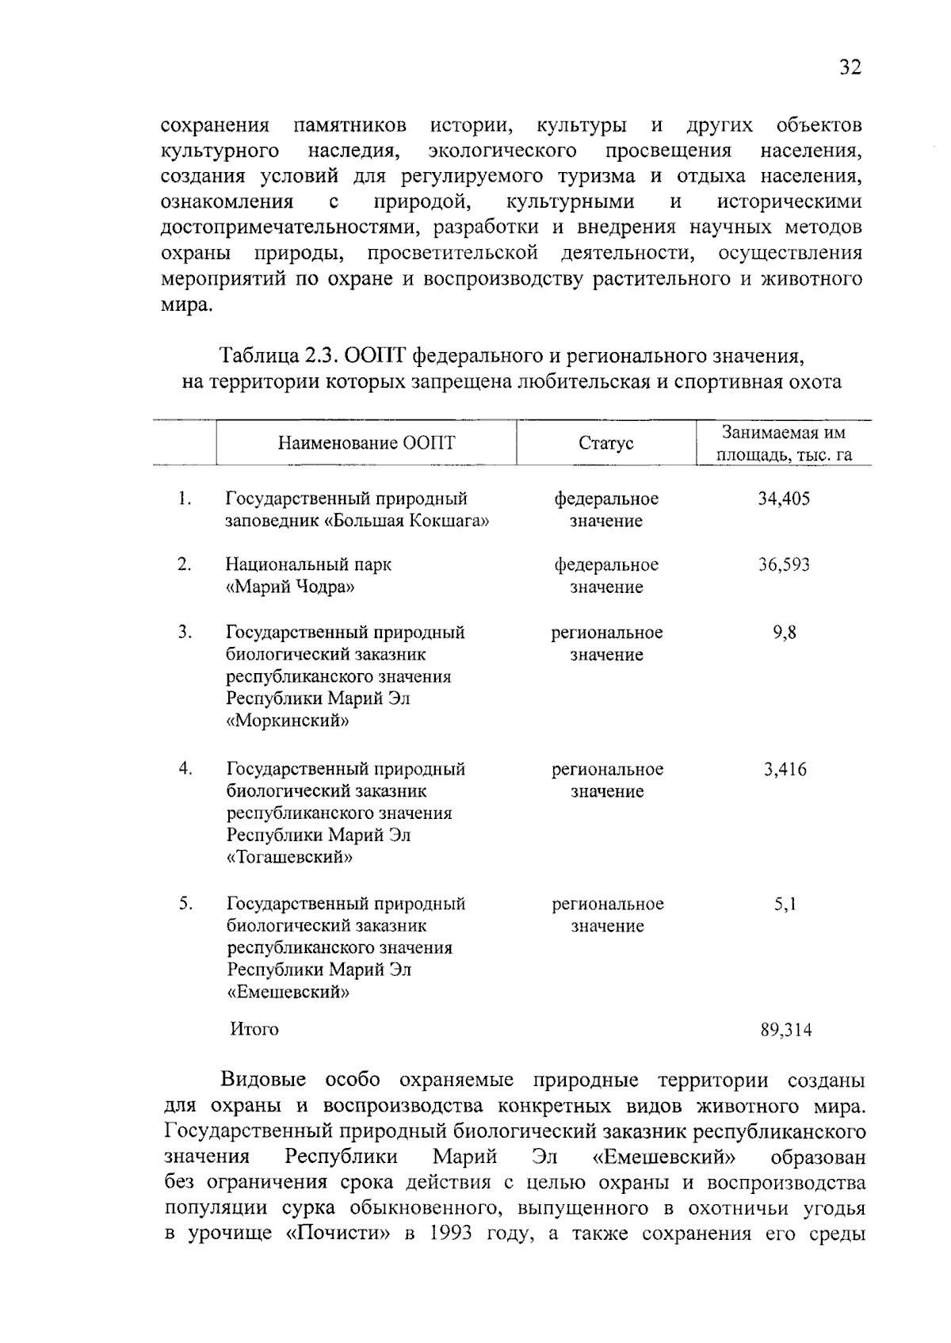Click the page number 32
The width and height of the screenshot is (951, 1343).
tap(850, 67)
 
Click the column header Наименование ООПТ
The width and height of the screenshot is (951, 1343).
tap(366, 443)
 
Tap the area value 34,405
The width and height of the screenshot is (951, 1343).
tap(784, 499)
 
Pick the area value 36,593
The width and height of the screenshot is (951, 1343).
tap(784, 565)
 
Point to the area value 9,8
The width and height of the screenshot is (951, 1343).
tap(785, 633)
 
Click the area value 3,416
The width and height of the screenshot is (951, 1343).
tap(785, 769)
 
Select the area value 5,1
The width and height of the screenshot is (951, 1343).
tap(785, 904)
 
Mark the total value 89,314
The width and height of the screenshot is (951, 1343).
tap(786, 1030)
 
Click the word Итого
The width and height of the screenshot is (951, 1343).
tap(254, 1029)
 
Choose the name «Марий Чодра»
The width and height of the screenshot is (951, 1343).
tap(291, 587)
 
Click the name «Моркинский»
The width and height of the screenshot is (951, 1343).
tap(288, 721)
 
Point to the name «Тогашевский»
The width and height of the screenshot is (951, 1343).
tap(290, 858)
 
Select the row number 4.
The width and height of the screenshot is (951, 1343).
tap(185, 768)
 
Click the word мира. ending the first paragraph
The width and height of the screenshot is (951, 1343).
tap(187, 305)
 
